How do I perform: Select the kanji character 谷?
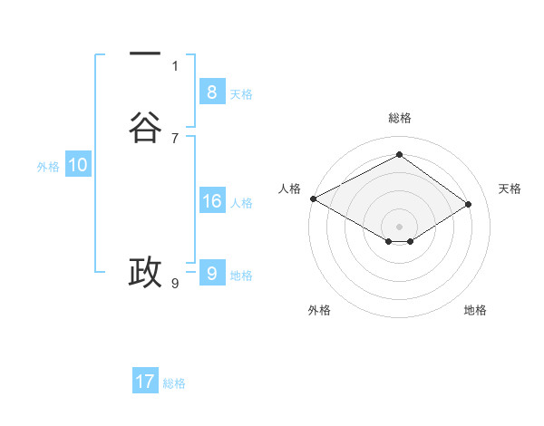[145, 128]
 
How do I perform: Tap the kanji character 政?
[145, 271]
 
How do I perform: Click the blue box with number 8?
[211, 92]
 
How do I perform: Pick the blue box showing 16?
[211, 201]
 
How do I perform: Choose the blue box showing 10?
[77, 165]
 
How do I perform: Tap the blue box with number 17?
[145, 382]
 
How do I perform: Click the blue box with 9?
[211, 273]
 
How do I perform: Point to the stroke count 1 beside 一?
[175, 65]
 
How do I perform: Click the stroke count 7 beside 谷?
[175, 138]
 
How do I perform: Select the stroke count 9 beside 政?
[175, 284]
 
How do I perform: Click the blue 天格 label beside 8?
[241, 94]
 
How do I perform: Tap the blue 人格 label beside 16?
[242, 203]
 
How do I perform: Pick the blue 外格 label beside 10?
[48, 167]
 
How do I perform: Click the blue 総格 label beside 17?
[174, 383]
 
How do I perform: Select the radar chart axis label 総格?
[400, 118]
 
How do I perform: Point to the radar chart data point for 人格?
[313, 198]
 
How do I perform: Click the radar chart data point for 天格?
[469, 204]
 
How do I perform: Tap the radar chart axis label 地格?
[475, 310]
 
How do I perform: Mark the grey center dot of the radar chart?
[400, 226]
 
